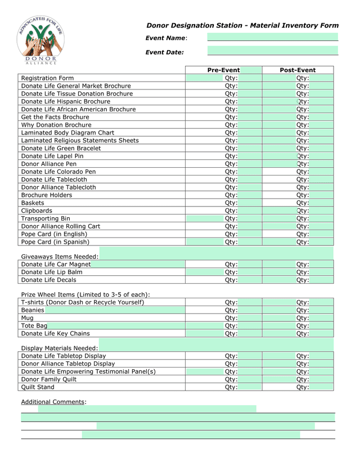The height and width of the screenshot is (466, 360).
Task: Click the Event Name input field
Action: (x=273, y=37)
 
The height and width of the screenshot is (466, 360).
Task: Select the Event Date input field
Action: (x=273, y=51)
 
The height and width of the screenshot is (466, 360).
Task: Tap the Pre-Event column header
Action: (x=224, y=70)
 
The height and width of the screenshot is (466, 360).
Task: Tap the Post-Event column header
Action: (x=298, y=70)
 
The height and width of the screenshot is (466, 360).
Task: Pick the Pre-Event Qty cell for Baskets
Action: (x=224, y=203)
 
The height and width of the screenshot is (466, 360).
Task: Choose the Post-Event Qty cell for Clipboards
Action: (x=298, y=211)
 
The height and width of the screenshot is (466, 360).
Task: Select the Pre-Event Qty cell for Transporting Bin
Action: (x=224, y=219)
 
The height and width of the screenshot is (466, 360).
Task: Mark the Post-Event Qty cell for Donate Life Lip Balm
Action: (x=298, y=272)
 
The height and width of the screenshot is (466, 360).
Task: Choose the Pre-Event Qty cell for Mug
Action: (x=224, y=318)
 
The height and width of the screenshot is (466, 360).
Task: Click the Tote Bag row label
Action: (x=34, y=326)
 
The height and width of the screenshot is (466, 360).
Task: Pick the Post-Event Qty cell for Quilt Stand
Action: (x=298, y=387)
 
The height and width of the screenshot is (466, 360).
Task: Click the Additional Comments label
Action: (x=53, y=401)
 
